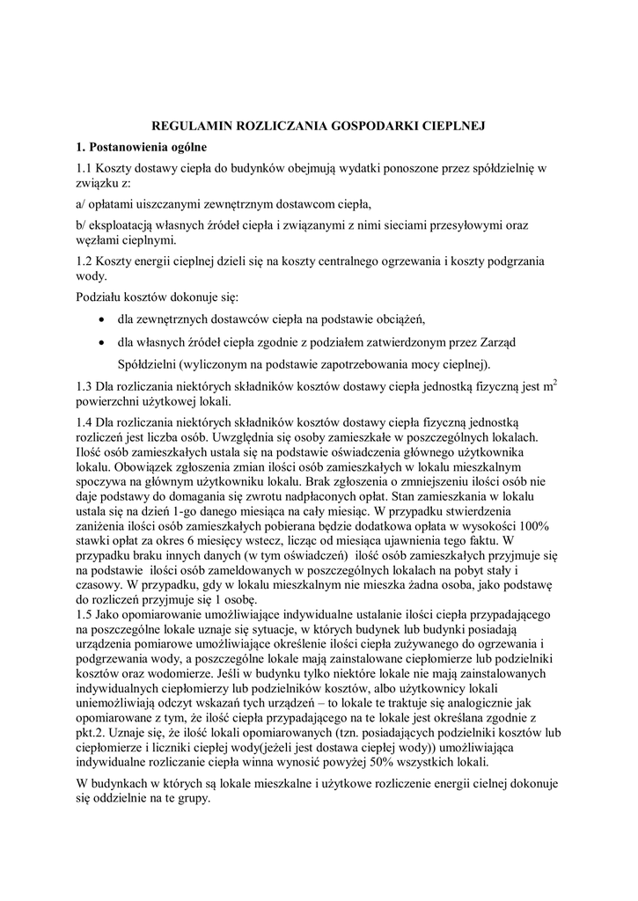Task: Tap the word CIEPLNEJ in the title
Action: [452, 126]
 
